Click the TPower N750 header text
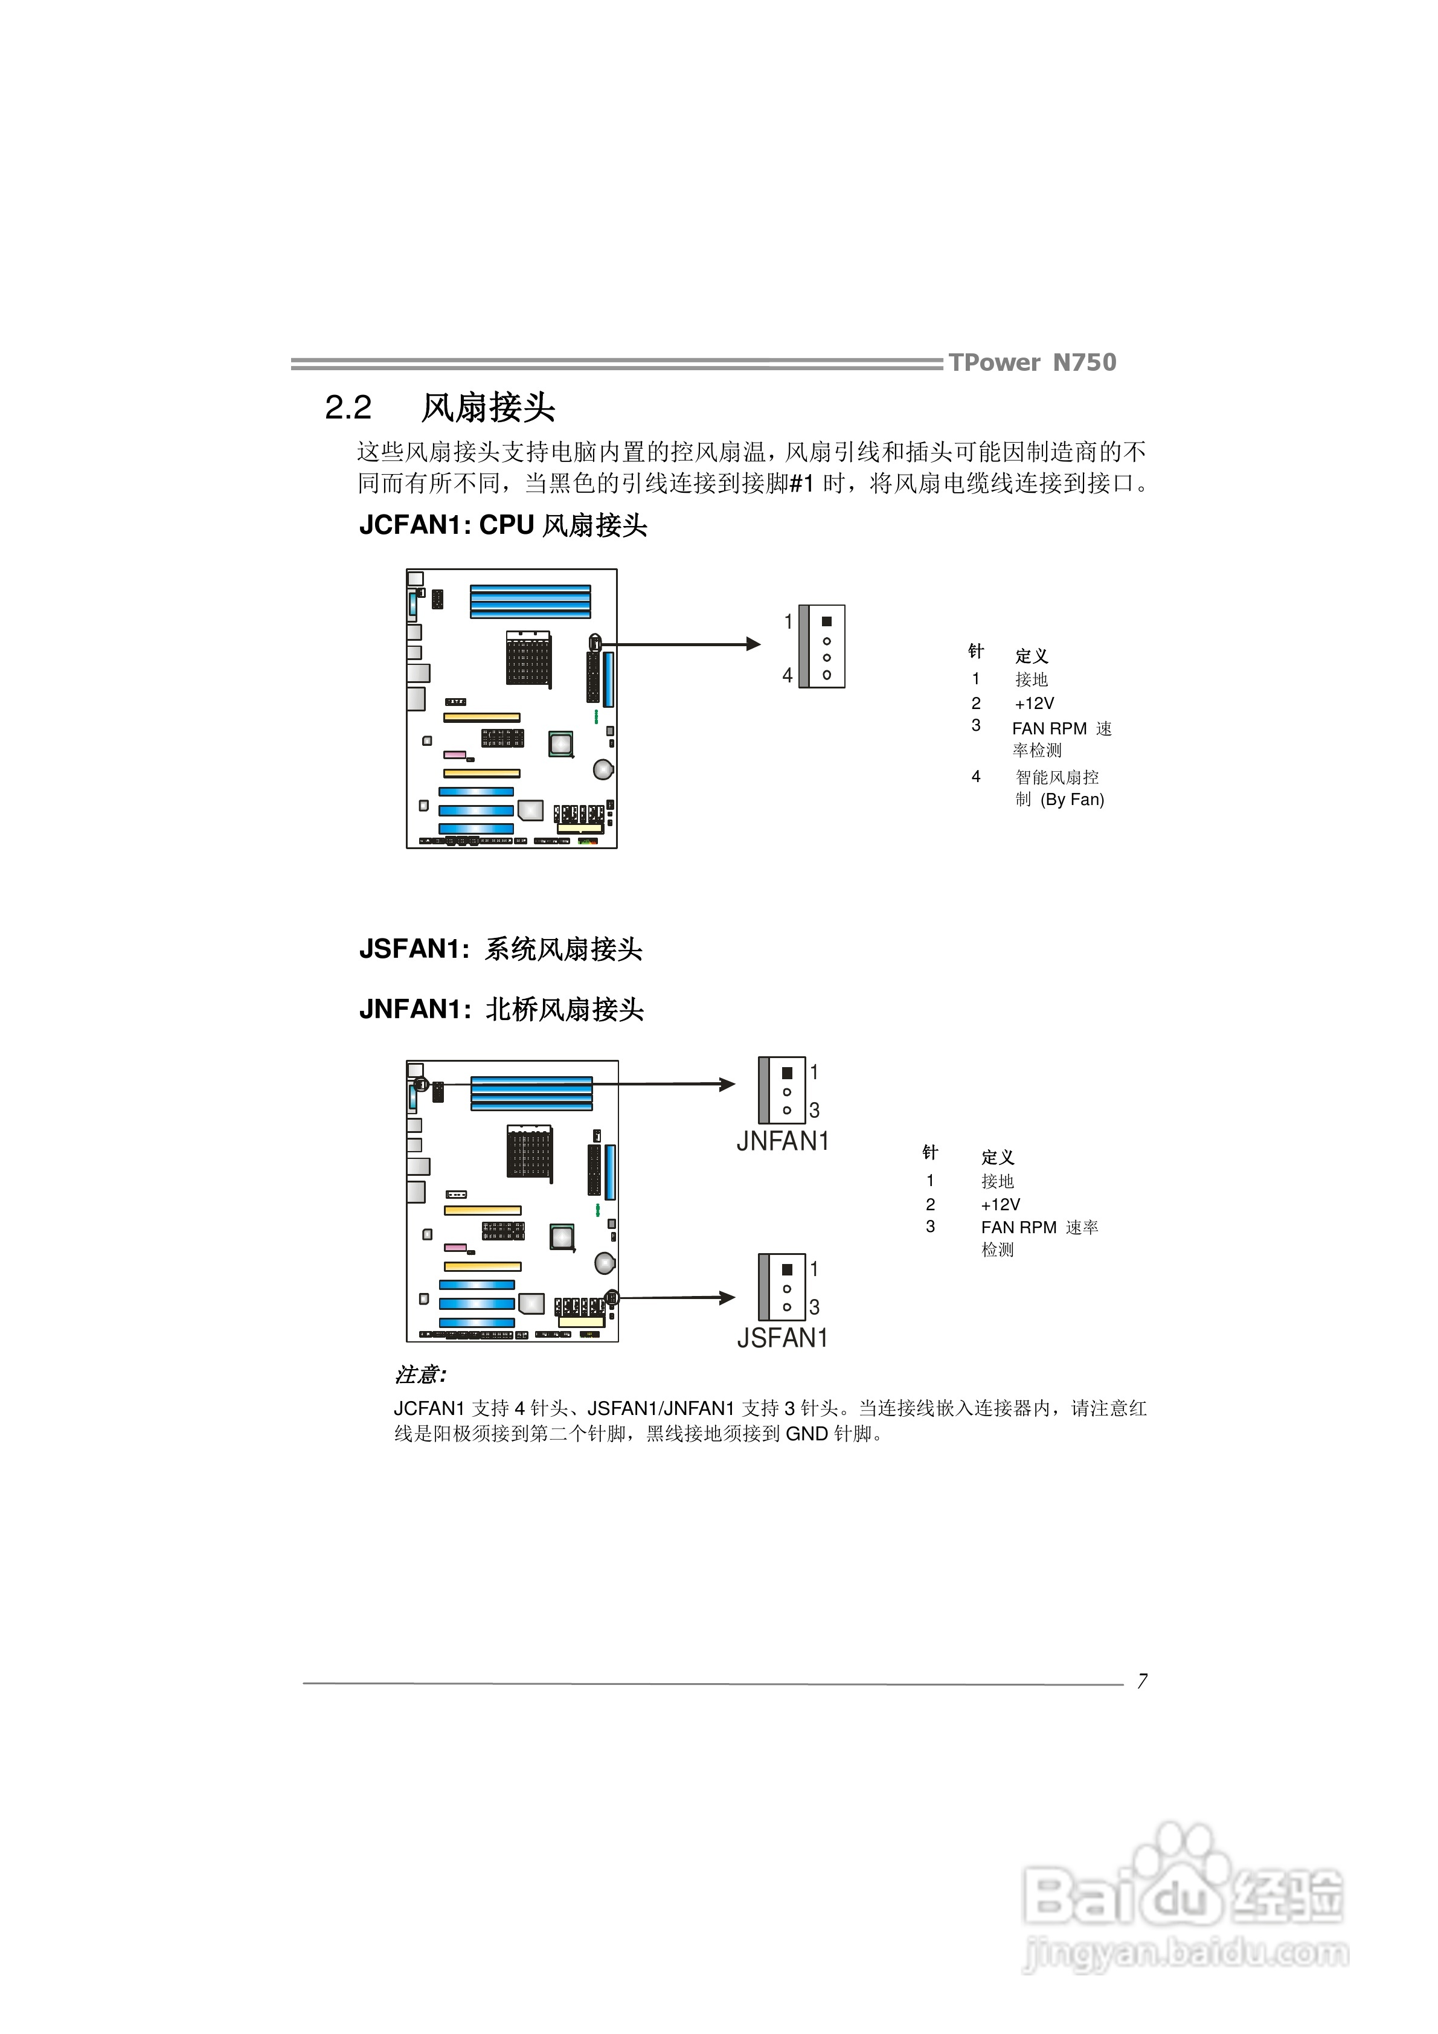1032,362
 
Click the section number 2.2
348,408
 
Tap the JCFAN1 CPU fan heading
502,525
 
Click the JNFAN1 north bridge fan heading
501,1009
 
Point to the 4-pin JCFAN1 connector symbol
821,647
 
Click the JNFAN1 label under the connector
783,1141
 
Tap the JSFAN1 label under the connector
783,1338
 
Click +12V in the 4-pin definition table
1034,704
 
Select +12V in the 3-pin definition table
1000,1205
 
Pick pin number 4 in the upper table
975,777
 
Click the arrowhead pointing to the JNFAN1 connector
727,1084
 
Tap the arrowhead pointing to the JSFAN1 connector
727,1298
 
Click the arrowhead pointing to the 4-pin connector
753,644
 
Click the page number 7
1142,1681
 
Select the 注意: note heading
420,1375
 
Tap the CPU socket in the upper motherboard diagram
528,657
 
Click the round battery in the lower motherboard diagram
605,1262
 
